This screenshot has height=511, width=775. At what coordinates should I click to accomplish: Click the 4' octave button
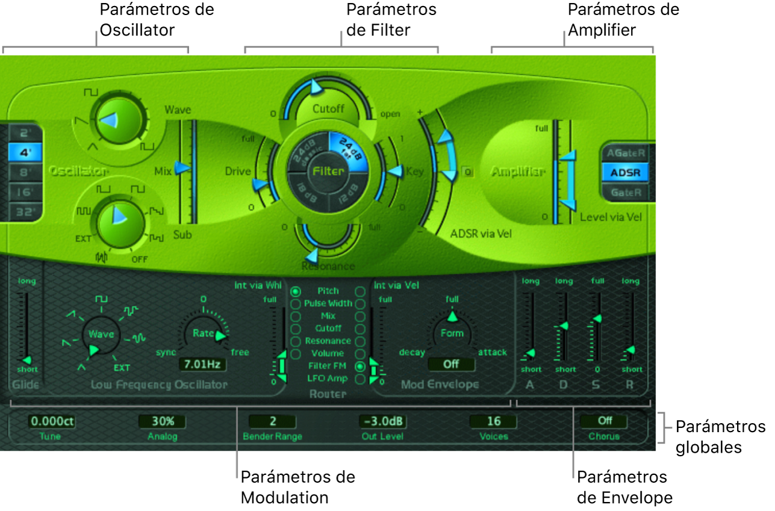pos(25,152)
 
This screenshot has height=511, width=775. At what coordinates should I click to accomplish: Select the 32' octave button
pos(25,211)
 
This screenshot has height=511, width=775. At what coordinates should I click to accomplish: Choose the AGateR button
pos(626,153)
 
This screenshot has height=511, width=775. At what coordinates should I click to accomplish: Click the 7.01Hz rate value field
pos(202,364)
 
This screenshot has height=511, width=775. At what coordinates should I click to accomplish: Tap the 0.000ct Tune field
pos(51,421)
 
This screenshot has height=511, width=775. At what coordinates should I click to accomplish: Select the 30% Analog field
pos(162,421)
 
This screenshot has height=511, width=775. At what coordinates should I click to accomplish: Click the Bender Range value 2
pos(272,421)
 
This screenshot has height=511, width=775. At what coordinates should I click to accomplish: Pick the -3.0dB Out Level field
pos(382,421)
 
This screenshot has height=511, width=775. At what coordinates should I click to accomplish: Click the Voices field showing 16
pos(493,421)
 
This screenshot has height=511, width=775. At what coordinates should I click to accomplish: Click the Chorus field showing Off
pos(604,421)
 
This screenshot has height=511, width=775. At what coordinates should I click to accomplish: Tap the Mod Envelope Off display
pos(451,364)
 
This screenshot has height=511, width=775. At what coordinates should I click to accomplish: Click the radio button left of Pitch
pos(296,291)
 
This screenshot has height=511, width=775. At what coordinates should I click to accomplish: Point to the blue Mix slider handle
pos(181,170)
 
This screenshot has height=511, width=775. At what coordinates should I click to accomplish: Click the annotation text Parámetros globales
pos(720,437)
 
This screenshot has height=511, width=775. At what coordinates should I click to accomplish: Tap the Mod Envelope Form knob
pos(452,333)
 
